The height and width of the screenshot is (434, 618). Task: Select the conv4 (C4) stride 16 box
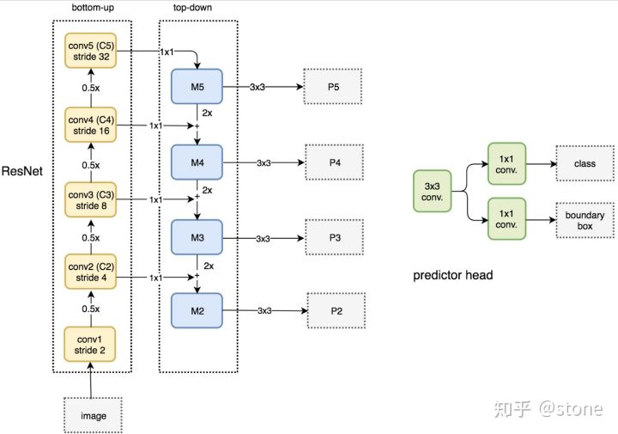click(90, 125)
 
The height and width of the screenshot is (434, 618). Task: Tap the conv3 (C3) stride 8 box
click(90, 199)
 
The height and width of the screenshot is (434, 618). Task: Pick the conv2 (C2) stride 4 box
click(90, 272)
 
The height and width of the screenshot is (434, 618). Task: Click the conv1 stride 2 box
click(90, 344)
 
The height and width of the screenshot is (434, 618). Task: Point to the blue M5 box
click(197, 87)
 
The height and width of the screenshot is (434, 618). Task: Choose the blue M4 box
click(197, 161)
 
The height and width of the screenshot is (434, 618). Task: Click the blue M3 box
click(197, 236)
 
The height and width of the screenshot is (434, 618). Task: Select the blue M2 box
click(197, 309)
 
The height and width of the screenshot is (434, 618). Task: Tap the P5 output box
click(332, 87)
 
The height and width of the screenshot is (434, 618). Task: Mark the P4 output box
click(334, 162)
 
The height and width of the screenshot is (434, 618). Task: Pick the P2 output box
click(336, 309)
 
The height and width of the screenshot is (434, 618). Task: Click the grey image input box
click(94, 415)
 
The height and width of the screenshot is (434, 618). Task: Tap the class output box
click(585, 163)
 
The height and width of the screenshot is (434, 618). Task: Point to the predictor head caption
click(451, 276)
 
